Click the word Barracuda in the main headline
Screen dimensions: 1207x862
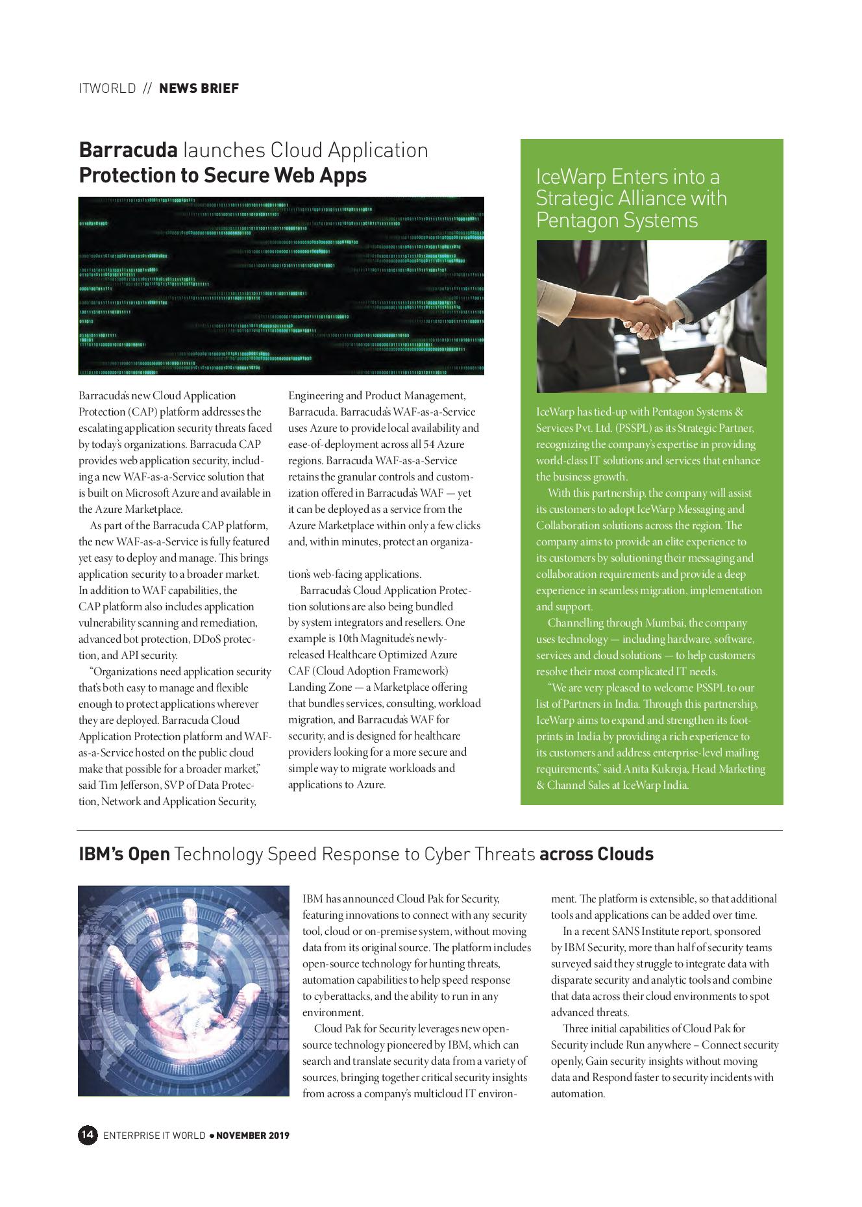pyautogui.click(x=128, y=150)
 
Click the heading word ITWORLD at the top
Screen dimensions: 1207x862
pyautogui.click(x=107, y=88)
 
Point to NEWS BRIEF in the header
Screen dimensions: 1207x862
pyautogui.click(x=199, y=88)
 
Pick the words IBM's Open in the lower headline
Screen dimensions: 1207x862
pyautogui.click(x=124, y=854)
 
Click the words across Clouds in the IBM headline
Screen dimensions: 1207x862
pyautogui.click(x=596, y=854)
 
